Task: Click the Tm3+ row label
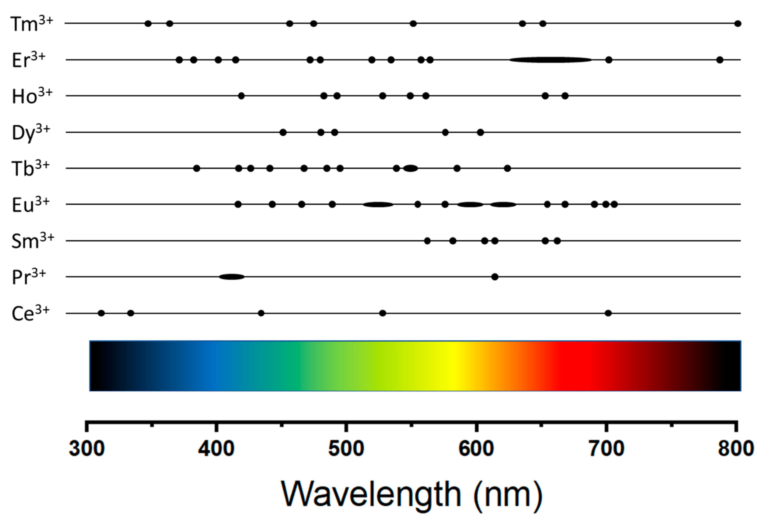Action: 32,24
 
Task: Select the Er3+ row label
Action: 28,60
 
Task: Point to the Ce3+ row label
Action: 30,314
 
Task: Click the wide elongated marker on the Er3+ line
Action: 551,60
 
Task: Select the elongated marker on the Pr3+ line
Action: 232,277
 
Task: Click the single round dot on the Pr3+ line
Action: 495,277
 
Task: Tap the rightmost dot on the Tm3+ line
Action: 738,24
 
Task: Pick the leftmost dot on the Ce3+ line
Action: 101,313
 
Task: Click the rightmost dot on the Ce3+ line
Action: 608,313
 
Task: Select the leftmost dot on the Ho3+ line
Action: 241,96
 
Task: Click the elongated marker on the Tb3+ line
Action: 411,168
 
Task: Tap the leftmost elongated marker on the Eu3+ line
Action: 378,204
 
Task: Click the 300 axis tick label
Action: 87,449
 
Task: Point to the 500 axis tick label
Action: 346,449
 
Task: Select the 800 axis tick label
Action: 735,449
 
